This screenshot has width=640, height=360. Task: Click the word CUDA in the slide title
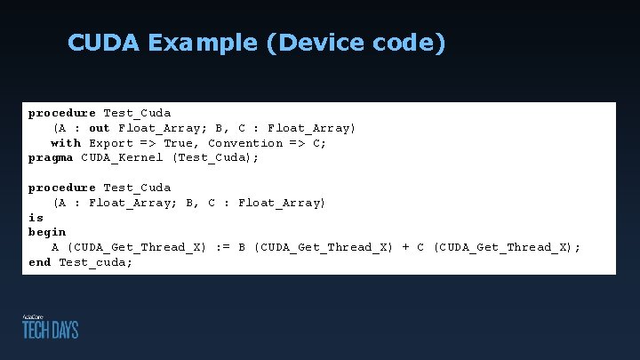(x=100, y=43)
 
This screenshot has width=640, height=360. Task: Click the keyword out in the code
(x=100, y=128)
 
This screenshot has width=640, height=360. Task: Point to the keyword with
(x=66, y=143)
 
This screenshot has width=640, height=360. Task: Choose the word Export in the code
(x=111, y=143)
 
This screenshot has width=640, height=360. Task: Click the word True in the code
(x=182, y=143)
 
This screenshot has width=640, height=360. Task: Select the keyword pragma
(x=51, y=158)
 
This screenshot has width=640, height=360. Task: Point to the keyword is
(x=36, y=218)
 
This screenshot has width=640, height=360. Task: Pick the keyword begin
(x=47, y=233)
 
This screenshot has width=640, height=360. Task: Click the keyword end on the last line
(x=39, y=262)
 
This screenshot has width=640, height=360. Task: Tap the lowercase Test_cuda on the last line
(x=96, y=262)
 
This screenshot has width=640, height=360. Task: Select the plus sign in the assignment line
(x=406, y=247)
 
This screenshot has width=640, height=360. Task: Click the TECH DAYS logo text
(x=51, y=330)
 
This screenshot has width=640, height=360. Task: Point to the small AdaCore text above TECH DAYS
(x=33, y=316)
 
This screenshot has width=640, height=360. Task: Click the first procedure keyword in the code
(x=62, y=113)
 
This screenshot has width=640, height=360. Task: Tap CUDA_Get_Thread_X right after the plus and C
(x=507, y=247)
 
